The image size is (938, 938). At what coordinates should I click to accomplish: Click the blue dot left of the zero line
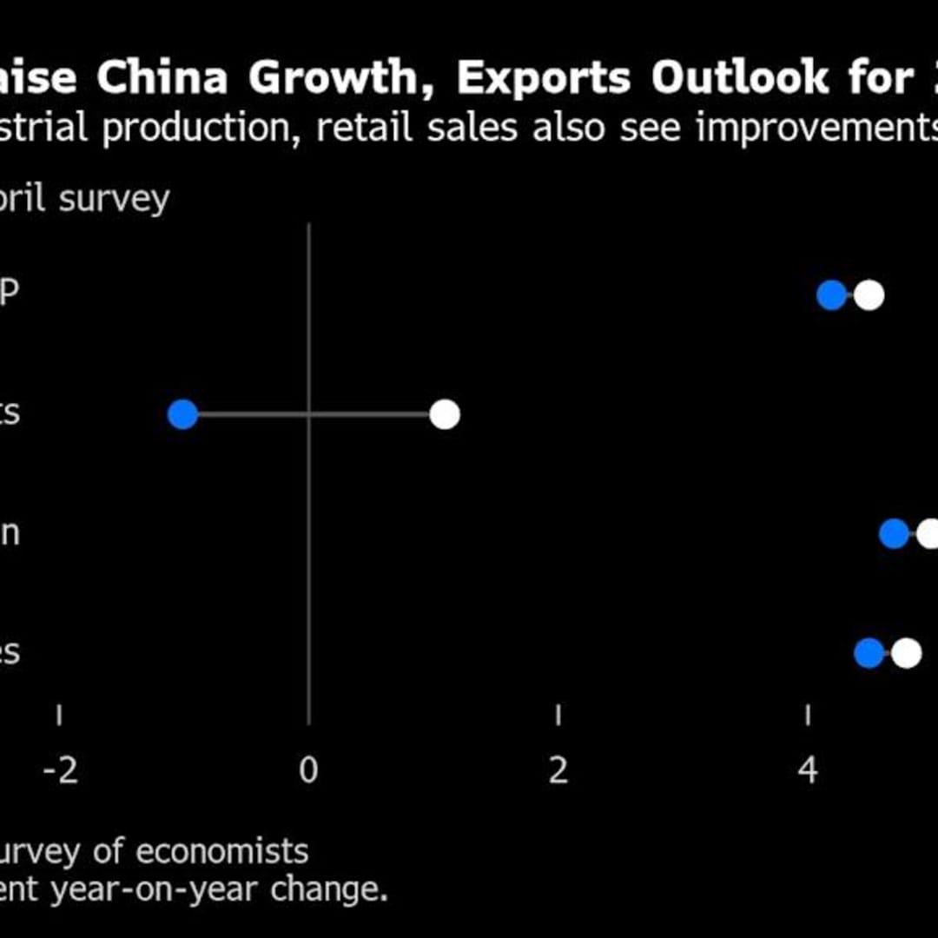coord(183,415)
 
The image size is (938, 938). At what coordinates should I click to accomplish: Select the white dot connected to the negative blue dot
coord(445,415)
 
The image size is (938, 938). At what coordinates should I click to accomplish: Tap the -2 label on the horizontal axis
coord(60,770)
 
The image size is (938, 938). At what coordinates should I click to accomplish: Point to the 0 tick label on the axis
coord(308,770)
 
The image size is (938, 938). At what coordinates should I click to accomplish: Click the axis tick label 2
coord(558,770)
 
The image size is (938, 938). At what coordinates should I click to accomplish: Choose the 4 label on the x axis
coord(808,770)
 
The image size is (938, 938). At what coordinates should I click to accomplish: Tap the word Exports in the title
coord(545,79)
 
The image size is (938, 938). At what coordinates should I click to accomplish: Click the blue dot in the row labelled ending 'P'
coord(831,296)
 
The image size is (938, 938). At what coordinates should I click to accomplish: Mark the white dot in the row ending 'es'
coord(906,654)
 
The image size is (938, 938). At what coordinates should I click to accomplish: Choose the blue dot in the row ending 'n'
coord(894,534)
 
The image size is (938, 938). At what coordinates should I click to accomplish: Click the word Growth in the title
coord(334,79)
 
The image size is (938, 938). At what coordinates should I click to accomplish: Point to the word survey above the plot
coord(115,199)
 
